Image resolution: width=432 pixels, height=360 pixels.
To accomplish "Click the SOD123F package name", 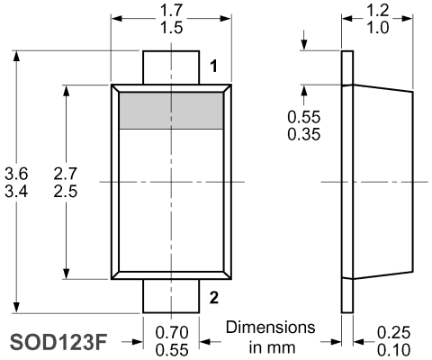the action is (58, 342).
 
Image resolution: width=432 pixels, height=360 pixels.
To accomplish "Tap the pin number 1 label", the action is (213, 66).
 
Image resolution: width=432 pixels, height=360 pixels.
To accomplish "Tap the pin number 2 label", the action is (214, 298).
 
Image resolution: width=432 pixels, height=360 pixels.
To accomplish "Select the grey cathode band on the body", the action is (171, 111).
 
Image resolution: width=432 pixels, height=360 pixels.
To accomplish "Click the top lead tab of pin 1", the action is (171, 67).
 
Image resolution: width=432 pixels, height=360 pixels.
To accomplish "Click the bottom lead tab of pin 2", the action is (171, 296).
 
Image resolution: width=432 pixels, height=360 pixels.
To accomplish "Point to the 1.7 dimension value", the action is (171, 11).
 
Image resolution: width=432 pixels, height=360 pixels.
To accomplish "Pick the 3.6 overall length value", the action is (16, 174).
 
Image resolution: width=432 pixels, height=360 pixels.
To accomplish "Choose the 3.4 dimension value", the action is (16, 191).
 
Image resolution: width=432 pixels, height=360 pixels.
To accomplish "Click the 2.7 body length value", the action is (66, 174).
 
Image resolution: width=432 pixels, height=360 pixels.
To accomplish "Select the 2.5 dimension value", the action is (66, 191).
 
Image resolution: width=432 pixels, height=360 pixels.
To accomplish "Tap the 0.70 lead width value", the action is (172, 332).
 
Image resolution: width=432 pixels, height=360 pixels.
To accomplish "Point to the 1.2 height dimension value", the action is (378, 11).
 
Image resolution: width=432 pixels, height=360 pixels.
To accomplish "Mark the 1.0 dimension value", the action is (378, 28).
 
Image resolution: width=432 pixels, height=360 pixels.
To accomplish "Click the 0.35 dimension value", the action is (304, 134).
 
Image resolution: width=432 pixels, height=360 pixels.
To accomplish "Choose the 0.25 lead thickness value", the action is (393, 332).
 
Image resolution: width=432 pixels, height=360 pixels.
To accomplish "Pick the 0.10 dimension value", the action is (393, 350).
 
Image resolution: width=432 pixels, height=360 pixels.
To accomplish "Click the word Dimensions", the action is (271, 327).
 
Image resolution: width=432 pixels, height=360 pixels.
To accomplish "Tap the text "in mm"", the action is (272, 347).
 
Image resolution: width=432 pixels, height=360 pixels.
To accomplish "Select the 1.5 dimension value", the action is (171, 28).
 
